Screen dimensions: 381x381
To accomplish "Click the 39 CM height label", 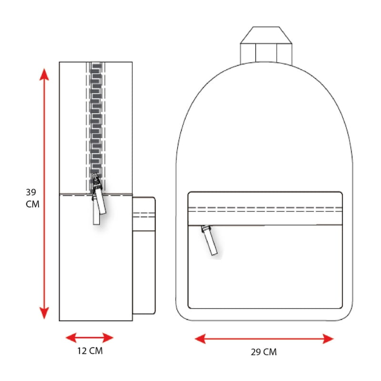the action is click(32, 198).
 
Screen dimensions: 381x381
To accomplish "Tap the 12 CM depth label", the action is click(90, 351).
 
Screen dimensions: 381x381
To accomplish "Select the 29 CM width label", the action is click(264, 352).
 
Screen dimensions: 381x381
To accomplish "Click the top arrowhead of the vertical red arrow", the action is click(44, 74).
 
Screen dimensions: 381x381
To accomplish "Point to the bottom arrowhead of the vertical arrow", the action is click(44, 313).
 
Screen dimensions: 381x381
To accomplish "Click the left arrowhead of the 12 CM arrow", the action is click(71, 338).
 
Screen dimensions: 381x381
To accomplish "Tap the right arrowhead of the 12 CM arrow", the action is click(108, 338).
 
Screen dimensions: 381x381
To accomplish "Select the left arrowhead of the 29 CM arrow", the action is click(201, 339).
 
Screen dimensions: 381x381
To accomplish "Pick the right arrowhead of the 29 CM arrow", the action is click(328, 339).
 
